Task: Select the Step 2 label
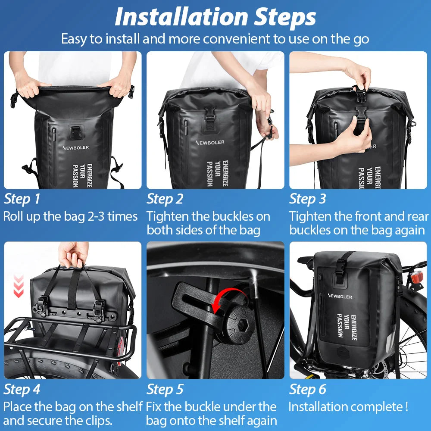coord(165,199)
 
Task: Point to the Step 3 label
coord(307,199)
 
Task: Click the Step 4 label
coord(22,389)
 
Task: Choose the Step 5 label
coord(165,389)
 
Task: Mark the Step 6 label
coord(307,389)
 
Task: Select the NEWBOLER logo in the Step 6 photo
coord(340,297)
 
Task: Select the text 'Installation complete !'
coord(348,406)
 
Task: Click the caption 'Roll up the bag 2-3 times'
coord(70,216)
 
